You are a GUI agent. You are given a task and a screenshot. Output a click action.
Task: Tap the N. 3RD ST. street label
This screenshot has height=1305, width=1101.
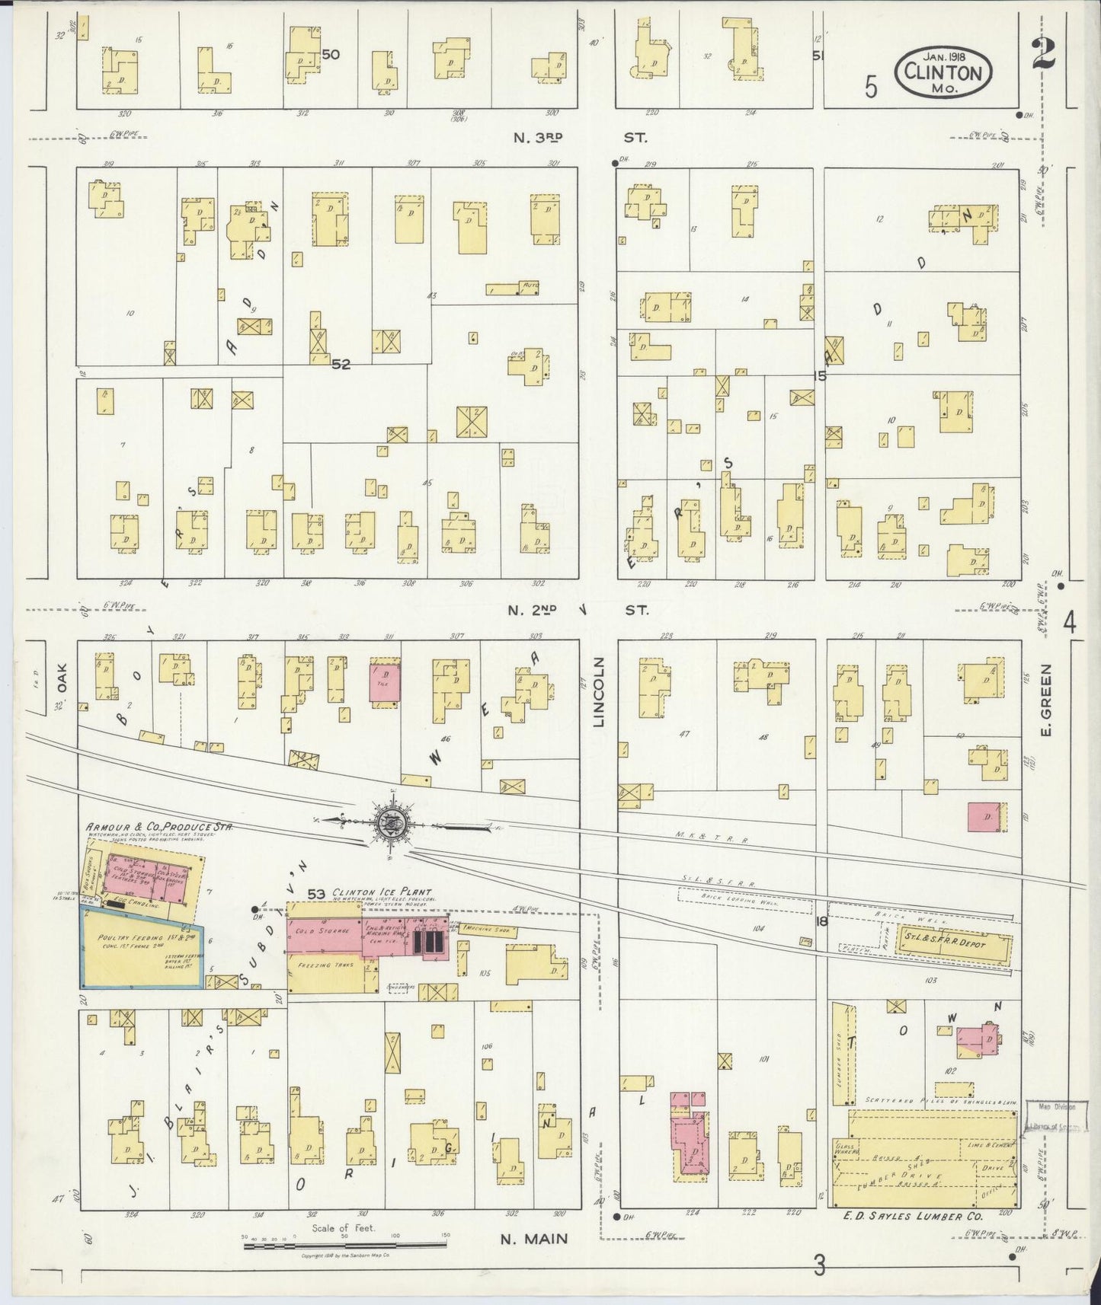pyautogui.click(x=579, y=138)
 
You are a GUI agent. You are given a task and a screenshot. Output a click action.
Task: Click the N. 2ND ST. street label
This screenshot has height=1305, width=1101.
pyautogui.click(x=579, y=610)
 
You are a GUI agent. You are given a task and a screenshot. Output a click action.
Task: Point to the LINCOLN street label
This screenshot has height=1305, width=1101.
pyautogui.click(x=598, y=691)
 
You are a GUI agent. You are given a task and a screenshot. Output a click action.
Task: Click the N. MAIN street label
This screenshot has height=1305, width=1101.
pyautogui.click(x=533, y=1239)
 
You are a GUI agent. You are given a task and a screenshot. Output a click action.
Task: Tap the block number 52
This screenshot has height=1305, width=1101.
pyautogui.click(x=341, y=364)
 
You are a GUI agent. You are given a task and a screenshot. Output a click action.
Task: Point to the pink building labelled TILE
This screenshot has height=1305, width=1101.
pyautogui.click(x=385, y=682)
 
